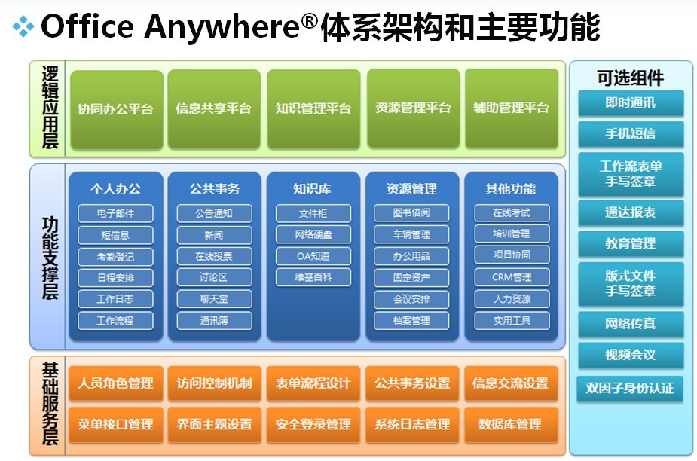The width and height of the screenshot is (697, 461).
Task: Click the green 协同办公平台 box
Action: click(x=117, y=109)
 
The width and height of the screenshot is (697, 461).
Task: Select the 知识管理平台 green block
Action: click(x=313, y=109)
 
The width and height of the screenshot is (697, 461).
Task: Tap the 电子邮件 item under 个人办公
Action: click(x=115, y=213)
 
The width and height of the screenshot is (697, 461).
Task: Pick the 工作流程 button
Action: click(x=115, y=321)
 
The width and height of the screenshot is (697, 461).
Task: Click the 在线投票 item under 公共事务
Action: click(x=214, y=257)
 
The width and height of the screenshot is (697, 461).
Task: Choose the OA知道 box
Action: click(x=313, y=256)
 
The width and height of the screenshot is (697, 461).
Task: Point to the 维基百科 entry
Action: click(x=313, y=277)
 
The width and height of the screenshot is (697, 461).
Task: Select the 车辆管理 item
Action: click(x=411, y=234)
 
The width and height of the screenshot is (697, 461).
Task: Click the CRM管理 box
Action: click(x=512, y=277)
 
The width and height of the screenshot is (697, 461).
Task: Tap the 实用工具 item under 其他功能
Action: click(x=512, y=321)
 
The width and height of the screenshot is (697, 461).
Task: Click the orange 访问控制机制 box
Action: click(x=214, y=383)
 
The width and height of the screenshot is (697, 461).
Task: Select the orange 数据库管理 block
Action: click(x=511, y=425)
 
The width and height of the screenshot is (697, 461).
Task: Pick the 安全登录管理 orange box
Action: click(x=313, y=425)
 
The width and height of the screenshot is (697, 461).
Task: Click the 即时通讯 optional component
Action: click(x=631, y=103)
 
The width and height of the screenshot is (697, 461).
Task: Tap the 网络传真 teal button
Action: click(x=631, y=324)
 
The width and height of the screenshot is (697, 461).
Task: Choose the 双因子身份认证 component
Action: click(x=630, y=389)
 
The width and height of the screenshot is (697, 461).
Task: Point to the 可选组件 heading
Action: click(x=631, y=78)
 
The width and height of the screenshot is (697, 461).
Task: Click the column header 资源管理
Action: click(x=411, y=189)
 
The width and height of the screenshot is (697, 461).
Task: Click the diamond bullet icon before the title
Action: click(x=23, y=26)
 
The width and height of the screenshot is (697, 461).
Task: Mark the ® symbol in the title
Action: click(x=310, y=20)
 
